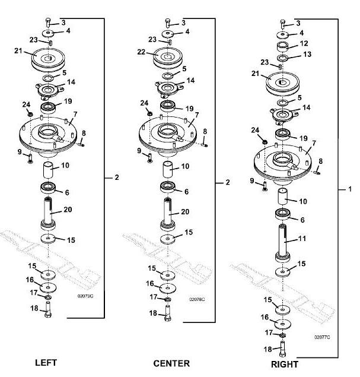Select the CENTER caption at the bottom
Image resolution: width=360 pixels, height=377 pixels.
click(171, 363)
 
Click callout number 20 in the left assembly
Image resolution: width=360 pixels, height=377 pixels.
click(68, 211)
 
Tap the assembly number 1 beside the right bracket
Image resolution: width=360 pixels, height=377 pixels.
click(350, 189)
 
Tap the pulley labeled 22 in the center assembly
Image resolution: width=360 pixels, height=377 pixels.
click(167, 59)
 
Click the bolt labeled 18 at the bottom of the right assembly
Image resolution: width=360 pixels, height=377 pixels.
click(282, 350)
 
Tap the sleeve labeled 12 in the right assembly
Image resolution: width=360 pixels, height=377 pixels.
click(283, 46)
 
